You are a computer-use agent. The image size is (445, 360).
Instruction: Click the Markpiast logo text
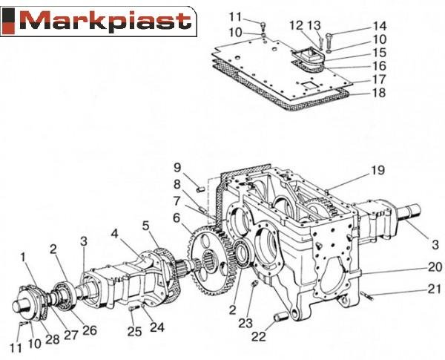pyautogui.click(x=105, y=21)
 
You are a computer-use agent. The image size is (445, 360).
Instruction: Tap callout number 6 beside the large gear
pyautogui.click(x=177, y=218)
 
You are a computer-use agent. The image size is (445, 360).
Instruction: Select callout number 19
pyautogui.click(x=378, y=170)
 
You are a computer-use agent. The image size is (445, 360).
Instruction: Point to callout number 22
pyautogui.click(x=259, y=336)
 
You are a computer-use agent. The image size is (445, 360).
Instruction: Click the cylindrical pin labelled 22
pyautogui.click(x=281, y=317)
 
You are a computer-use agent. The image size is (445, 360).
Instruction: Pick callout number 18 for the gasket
pyautogui.click(x=379, y=93)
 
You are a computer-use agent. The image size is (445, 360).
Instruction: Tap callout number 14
pyautogui.click(x=379, y=26)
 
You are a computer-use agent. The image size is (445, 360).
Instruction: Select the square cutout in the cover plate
pyautogui.click(x=307, y=85)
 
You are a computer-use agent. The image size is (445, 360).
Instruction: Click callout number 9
pyautogui.click(x=177, y=168)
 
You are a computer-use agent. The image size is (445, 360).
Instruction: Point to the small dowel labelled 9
pyautogui.click(x=201, y=189)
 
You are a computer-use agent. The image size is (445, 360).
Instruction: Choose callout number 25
pyautogui.click(x=134, y=331)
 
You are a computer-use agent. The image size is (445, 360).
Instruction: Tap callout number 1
pyautogui.click(x=23, y=257)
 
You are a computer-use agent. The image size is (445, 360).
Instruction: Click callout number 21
pyautogui.click(x=435, y=289)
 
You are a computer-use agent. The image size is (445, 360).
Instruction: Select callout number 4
pyautogui.click(x=114, y=234)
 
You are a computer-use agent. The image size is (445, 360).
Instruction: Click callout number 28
pyautogui.click(x=53, y=339)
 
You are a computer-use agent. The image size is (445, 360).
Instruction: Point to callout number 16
pyautogui.click(x=379, y=66)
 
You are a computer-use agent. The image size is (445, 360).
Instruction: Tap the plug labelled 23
pyautogui.click(x=254, y=284)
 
